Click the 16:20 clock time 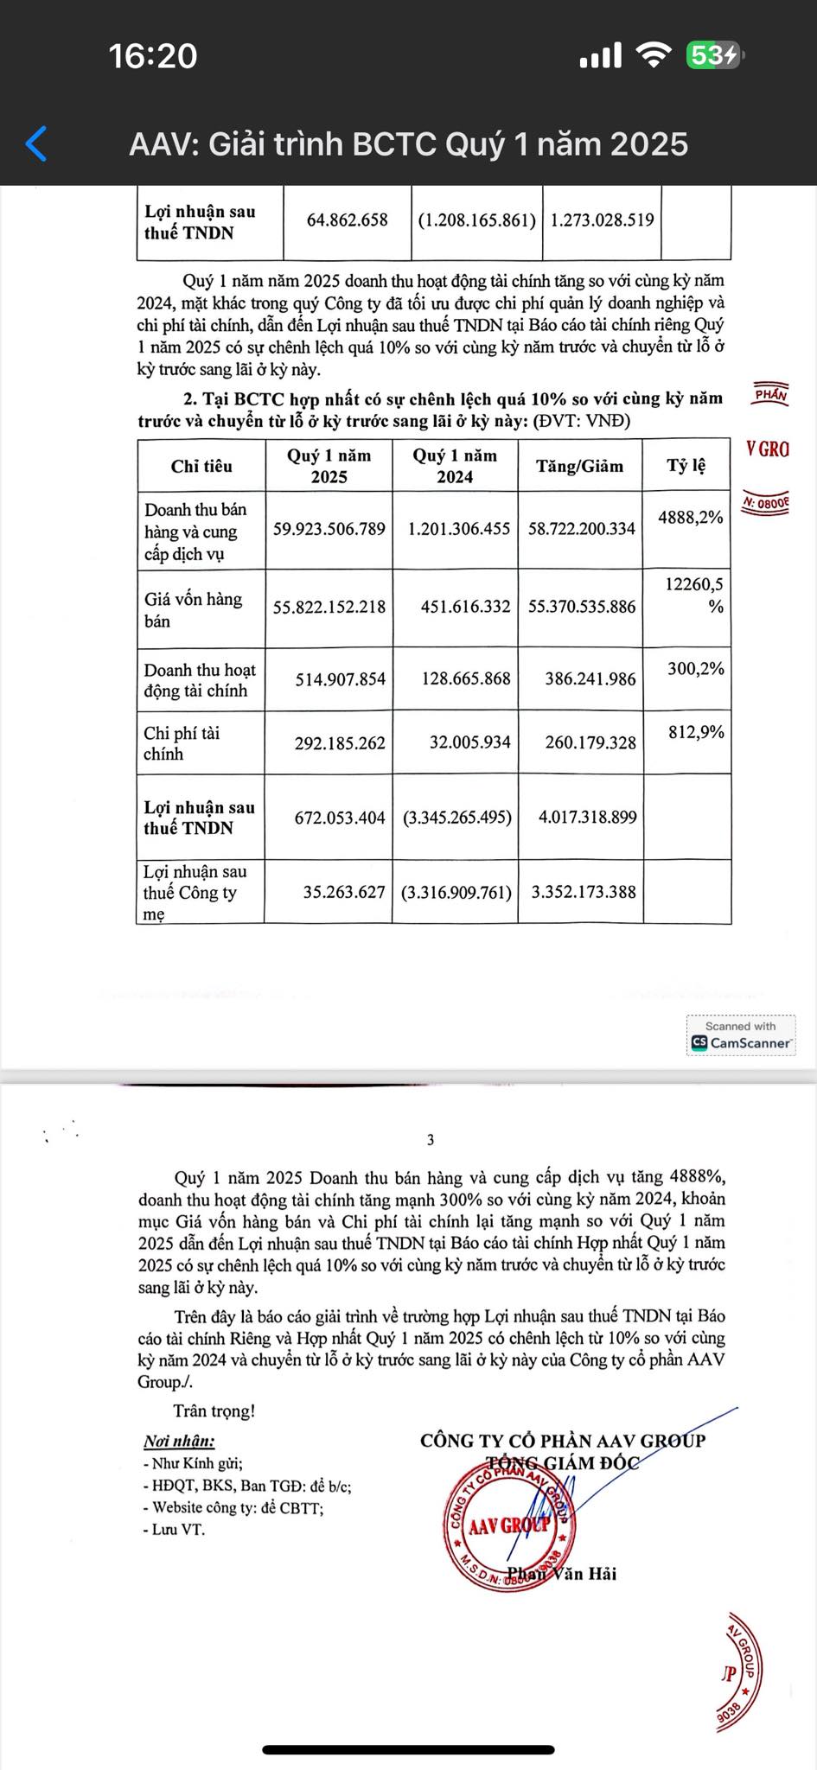(x=153, y=56)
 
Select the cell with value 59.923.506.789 (x=329, y=529)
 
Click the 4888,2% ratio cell (x=690, y=518)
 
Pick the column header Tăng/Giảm (x=579, y=467)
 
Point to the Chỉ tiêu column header (x=201, y=467)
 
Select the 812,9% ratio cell (x=696, y=733)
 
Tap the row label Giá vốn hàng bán (x=193, y=609)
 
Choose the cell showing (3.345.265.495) (x=457, y=818)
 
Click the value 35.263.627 (x=344, y=892)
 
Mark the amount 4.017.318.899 (x=587, y=818)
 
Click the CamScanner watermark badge (x=741, y=1035)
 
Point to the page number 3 (x=431, y=1140)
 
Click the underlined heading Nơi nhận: (x=179, y=1441)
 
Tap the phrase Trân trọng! (x=214, y=1411)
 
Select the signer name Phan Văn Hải (x=562, y=1573)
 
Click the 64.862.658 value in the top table (x=348, y=220)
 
